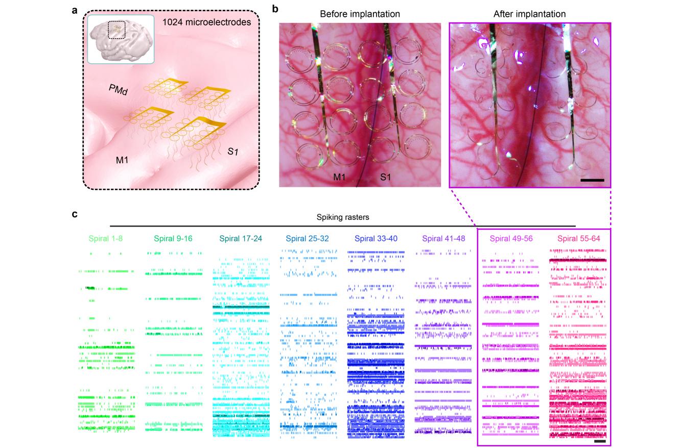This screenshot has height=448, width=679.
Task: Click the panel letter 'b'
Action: (275, 9)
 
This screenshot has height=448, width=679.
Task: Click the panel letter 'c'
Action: (75, 213)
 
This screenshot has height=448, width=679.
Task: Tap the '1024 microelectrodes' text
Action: (207, 22)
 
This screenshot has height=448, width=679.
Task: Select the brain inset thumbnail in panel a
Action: (121, 39)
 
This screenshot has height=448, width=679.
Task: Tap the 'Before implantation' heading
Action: (360, 14)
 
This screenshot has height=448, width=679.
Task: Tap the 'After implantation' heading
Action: (529, 14)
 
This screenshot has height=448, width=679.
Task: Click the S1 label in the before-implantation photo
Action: (386, 178)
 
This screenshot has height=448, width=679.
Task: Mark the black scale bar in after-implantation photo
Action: (592, 180)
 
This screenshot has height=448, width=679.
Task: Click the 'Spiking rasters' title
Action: (342, 217)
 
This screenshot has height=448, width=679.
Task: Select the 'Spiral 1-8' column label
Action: (106, 238)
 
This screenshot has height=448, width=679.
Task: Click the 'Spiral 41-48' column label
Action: (443, 238)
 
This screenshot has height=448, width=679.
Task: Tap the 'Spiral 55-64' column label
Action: (578, 238)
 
